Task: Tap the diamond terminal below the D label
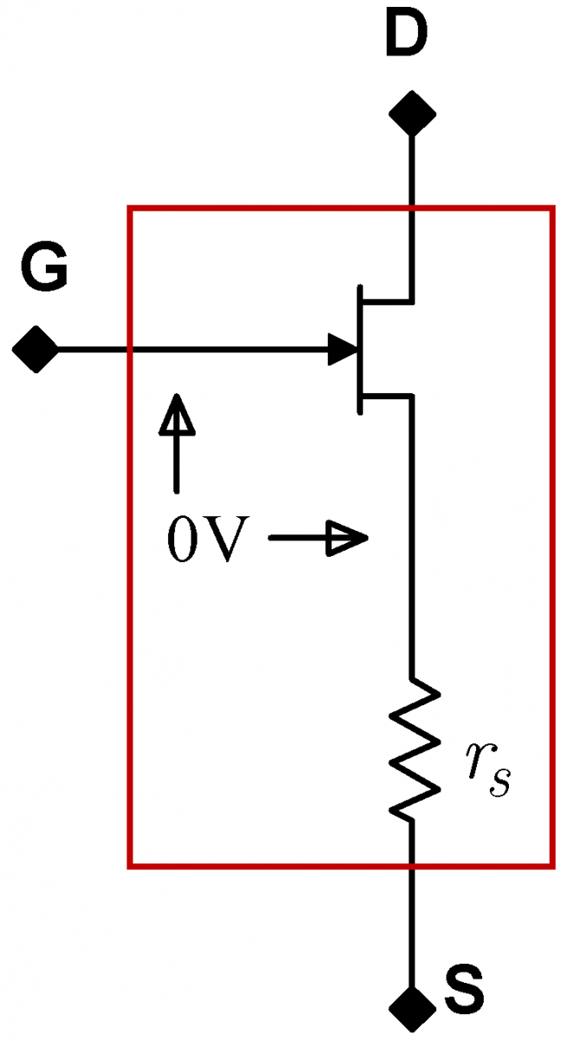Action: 411,114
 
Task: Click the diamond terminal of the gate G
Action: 35,350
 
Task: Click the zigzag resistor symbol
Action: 414,750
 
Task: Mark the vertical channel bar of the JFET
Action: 359,349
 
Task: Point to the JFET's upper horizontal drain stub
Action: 387,302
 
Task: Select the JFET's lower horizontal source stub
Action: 387,396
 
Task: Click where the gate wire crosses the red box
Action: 130,350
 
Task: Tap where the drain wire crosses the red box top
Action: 411,208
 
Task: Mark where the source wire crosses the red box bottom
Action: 411,865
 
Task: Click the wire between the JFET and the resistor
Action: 411,538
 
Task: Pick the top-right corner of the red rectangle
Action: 551,208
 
